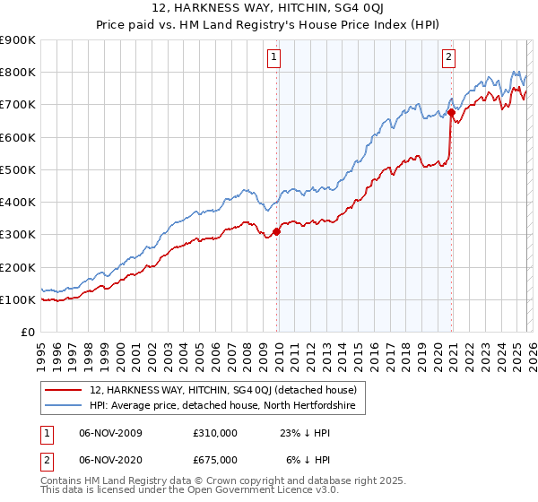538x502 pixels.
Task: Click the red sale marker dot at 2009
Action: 276,231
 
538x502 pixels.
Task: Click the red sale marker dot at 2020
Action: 450,113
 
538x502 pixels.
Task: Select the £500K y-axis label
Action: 18,169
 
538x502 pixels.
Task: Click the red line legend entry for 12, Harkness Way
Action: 223,390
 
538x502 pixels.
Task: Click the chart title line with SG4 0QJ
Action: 268,10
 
